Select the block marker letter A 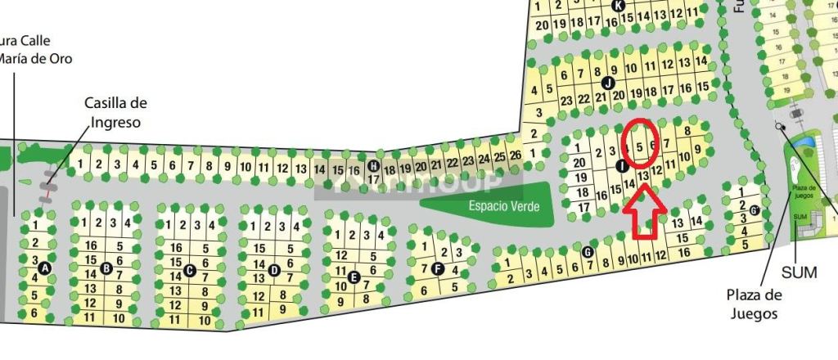(x=44, y=268)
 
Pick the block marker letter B (x=106, y=268)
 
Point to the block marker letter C (x=190, y=270)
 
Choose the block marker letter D (x=274, y=270)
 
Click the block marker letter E (x=354, y=277)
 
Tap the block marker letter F (x=438, y=268)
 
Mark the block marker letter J (x=607, y=83)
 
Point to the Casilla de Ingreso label (x=115, y=113)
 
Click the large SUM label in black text (x=799, y=272)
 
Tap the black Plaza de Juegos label (x=754, y=304)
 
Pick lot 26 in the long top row (x=515, y=155)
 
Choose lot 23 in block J (x=565, y=100)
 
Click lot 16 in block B (x=91, y=245)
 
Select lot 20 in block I (x=579, y=162)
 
